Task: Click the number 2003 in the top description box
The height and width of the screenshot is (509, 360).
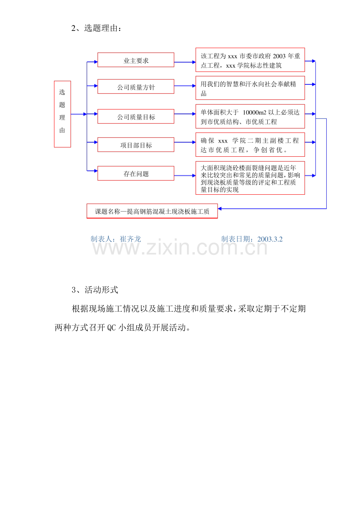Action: coord(279,56)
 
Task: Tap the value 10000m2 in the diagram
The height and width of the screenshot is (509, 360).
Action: coord(254,113)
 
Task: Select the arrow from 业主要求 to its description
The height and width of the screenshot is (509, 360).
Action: coord(185,62)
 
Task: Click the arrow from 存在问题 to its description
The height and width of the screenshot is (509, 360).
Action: coord(185,176)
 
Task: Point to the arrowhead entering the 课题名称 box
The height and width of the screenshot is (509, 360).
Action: coord(220,209)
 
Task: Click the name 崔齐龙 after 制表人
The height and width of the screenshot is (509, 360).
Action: coord(130,239)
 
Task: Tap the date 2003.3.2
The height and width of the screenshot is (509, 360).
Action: coord(270,239)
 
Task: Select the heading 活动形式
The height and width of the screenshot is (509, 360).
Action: coord(101,290)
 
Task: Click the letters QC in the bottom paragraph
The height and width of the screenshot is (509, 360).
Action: coord(112,328)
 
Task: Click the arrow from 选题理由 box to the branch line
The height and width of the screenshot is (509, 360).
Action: coord(79,114)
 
